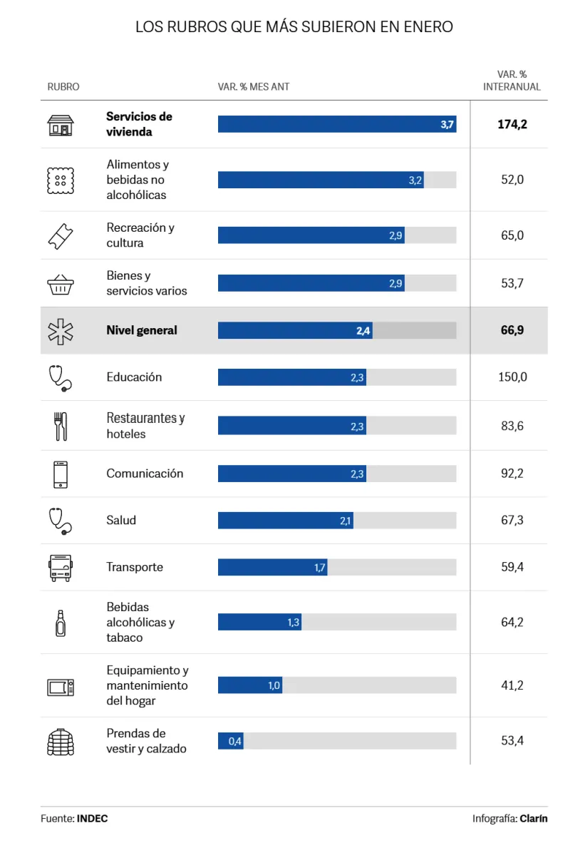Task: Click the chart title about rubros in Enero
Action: pos(294,27)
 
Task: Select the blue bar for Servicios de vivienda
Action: pos(336,124)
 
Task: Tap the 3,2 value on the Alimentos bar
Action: pos(415,180)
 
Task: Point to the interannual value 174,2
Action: pos(512,124)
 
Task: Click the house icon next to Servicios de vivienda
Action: pos(60,125)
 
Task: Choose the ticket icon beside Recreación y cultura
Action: pos(60,235)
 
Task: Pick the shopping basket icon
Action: pos(60,284)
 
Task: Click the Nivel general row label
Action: pos(142,330)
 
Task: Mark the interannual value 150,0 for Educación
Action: pos(512,377)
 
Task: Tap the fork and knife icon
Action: pos(60,426)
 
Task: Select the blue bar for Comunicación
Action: pos(291,474)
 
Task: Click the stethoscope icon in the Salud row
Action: pos(60,521)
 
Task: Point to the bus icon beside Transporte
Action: pos(60,568)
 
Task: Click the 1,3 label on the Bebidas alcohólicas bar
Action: pos(294,623)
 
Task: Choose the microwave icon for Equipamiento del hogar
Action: pos(60,687)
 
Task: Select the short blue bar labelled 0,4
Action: pos(230,741)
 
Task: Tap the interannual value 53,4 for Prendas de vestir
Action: pos(512,741)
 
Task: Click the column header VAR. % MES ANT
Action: pos(254,87)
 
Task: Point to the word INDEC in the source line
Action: pos(93,819)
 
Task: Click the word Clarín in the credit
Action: pos(534,819)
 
